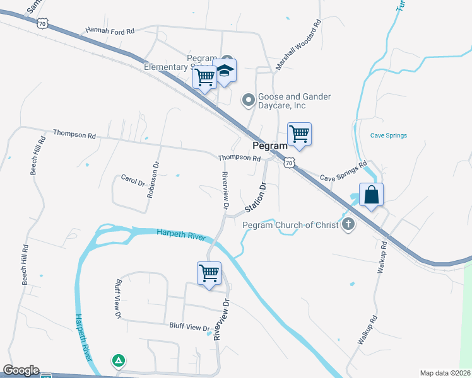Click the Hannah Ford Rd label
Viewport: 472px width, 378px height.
tap(110, 30)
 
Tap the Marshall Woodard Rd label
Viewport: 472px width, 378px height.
tap(299, 43)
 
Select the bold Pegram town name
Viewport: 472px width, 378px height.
tap(270, 145)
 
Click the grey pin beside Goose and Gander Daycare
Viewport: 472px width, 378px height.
tap(249, 100)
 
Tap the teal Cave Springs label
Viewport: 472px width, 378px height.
tap(388, 135)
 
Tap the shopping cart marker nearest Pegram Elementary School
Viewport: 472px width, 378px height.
tap(204, 77)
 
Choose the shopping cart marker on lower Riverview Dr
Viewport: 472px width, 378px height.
tap(209, 273)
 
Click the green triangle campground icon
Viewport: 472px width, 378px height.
tap(118, 361)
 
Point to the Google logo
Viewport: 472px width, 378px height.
tap(20, 370)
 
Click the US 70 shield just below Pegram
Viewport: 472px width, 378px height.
tap(288, 163)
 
